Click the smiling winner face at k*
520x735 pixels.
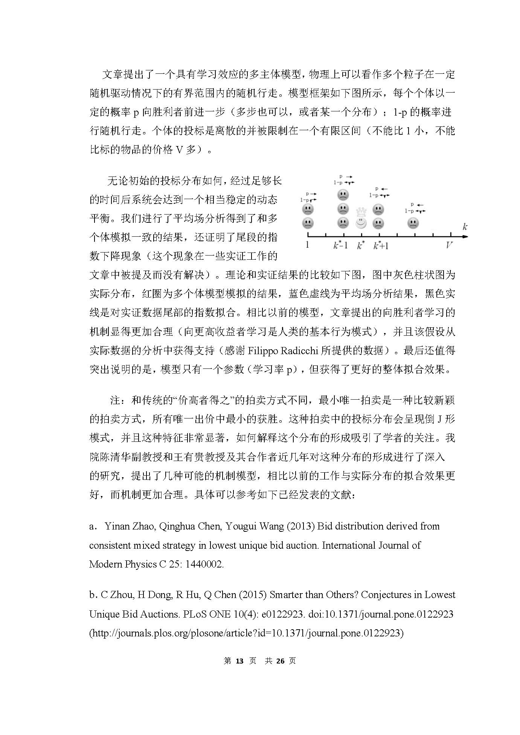click(361, 223)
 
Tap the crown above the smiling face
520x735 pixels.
click(361, 211)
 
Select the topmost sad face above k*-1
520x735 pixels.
click(343, 195)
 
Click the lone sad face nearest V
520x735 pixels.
click(413, 223)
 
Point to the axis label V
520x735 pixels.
click(449, 245)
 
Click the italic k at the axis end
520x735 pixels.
click(465, 227)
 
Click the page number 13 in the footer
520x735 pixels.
click(239, 661)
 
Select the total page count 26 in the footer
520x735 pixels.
click(280, 661)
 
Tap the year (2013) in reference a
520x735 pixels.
click(300, 526)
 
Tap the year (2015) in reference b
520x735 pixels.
click(253, 595)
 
